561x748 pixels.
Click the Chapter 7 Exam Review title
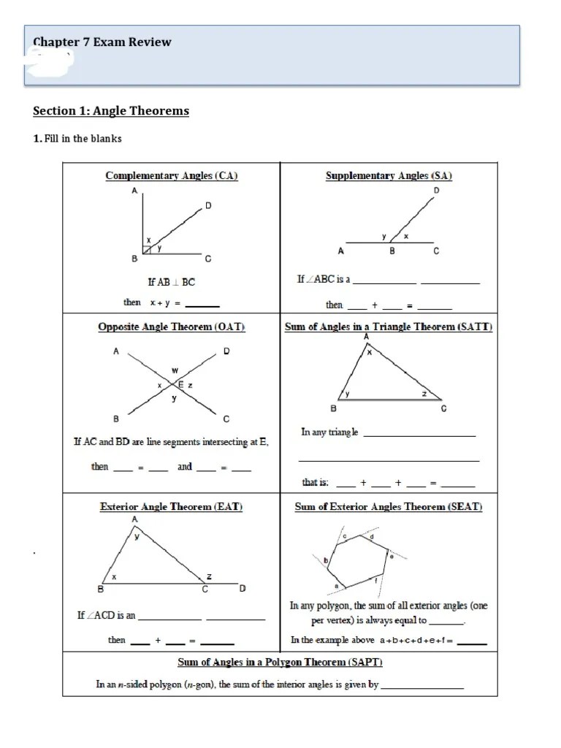tap(102, 42)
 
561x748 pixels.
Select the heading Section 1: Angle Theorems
tap(111, 111)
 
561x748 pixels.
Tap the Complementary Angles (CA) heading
tap(172, 175)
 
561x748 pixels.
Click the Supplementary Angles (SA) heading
tap(389, 175)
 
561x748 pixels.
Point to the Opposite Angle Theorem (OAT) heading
tap(172, 327)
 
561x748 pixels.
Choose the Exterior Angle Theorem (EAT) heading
tap(172, 505)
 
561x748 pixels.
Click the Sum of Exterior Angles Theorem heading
tap(389, 506)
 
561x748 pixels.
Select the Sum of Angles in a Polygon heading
tap(280, 663)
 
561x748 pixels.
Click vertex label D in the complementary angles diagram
tap(208, 206)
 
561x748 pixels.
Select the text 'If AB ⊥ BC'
tap(172, 282)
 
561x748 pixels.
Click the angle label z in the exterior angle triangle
tap(210, 576)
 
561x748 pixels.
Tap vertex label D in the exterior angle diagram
tap(243, 589)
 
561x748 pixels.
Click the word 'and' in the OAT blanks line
tap(185, 467)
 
